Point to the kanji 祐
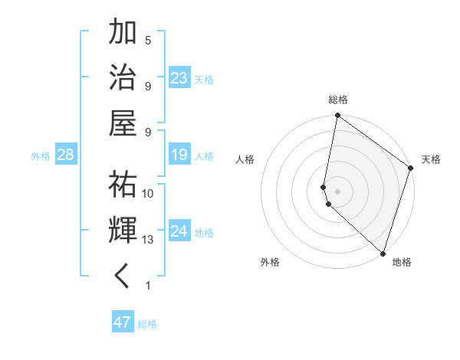[123, 184]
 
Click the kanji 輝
[123, 230]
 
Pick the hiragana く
[123, 275]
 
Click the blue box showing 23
[179, 77]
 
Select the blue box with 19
[179, 155]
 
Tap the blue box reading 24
[179, 231]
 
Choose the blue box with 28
[66, 155]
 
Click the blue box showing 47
[123, 322]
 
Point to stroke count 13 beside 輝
[148, 240]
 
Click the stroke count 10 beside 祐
[148, 193]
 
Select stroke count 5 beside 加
[148, 40]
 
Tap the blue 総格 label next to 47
[147, 324]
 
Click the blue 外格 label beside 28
[41, 156]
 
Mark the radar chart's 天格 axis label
[431, 159]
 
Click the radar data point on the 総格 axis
[337, 116]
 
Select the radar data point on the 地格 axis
[383, 253]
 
